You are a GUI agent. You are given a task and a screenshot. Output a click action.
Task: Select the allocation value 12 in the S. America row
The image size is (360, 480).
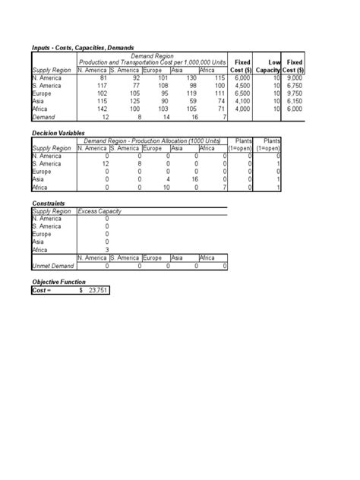[106, 163]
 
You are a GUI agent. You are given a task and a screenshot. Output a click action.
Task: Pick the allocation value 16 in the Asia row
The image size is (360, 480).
[192, 178]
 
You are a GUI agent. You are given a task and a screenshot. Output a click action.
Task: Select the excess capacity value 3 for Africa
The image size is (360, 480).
[106, 248]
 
